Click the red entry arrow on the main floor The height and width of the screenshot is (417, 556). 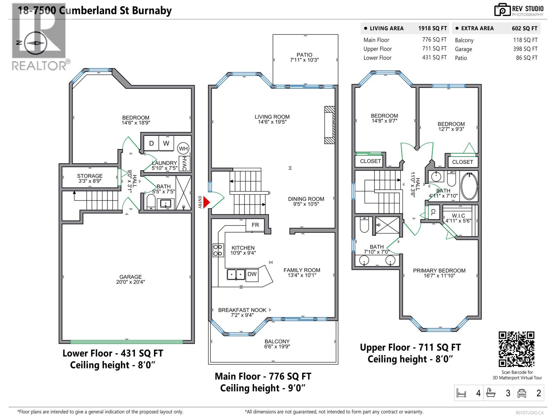[x=206, y=202]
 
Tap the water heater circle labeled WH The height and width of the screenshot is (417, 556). [x=183, y=149]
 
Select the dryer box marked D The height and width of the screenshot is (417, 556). [x=152, y=143]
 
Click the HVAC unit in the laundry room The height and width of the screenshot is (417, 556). [x=185, y=164]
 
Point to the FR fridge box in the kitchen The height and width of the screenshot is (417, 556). [x=255, y=225]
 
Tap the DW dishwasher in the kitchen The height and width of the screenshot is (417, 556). [x=252, y=274]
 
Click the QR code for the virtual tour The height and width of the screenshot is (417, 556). [x=516, y=349]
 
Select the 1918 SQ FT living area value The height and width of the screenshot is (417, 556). [x=433, y=28]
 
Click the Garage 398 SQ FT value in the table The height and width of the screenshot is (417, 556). [x=525, y=49]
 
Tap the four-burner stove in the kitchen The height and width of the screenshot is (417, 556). [x=218, y=250]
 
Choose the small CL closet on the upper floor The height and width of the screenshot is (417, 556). [x=433, y=212]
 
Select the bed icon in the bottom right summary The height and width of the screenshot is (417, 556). [x=461, y=393]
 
